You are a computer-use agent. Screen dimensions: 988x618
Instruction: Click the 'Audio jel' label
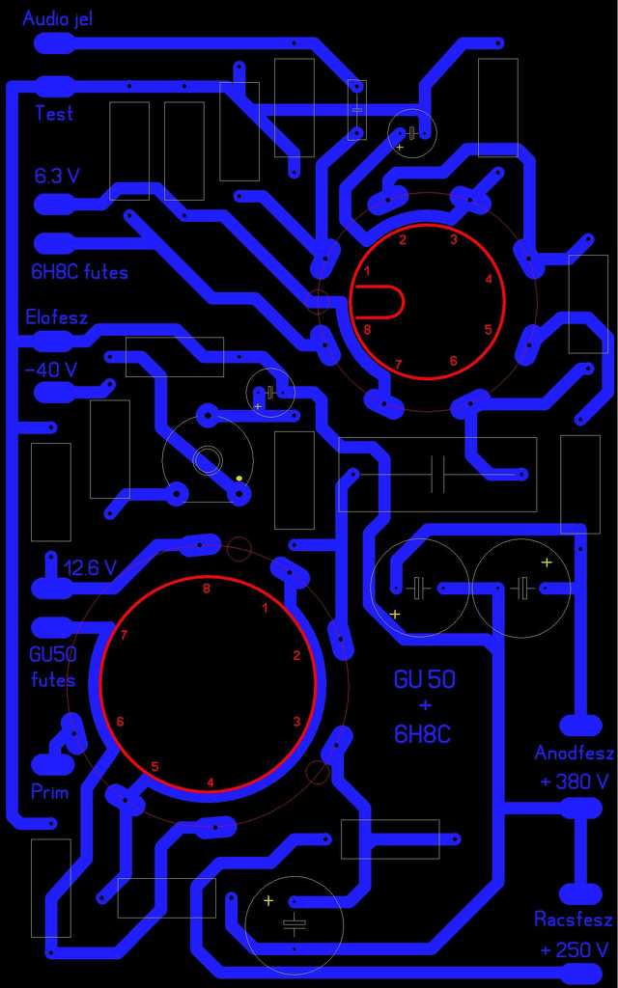(57, 18)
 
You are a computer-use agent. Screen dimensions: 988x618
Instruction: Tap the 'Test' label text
(54, 113)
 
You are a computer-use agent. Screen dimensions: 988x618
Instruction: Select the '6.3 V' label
(57, 176)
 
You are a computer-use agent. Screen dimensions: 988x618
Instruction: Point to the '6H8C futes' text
(79, 272)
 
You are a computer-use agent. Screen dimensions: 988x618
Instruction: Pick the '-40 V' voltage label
(50, 370)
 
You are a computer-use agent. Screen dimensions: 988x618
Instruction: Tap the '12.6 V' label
(90, 567)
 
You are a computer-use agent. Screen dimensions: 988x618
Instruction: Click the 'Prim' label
(50, 792)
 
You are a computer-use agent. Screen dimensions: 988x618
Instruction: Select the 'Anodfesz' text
(574, 753)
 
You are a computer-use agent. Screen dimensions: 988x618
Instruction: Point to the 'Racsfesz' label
(574, 919)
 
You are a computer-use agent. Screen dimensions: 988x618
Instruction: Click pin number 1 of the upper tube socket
(367, 271)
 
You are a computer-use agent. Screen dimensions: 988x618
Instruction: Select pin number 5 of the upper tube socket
(488, 330)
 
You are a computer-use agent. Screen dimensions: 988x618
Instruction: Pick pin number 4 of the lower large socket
(211, 782)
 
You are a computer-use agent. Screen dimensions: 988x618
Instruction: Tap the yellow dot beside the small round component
(239, 478)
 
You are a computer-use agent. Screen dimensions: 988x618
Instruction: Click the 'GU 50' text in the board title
(424, 679)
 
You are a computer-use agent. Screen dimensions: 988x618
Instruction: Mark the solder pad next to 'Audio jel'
(53, 42)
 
